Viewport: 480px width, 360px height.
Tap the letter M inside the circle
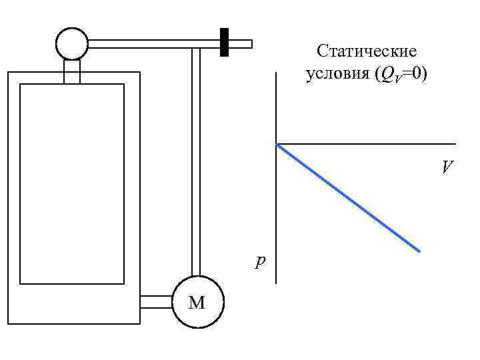pos(197,303)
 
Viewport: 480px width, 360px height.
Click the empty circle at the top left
pos(72,44)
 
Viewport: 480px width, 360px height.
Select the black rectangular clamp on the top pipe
pos(225,43)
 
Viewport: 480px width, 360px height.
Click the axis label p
pos(259,261)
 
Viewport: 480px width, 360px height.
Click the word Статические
pos(367,51)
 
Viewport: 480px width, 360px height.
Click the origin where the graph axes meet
pos(276,144)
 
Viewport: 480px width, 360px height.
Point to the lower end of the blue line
pos(419,251)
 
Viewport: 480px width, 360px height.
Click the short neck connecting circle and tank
pos(72,70)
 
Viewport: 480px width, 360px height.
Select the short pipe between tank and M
pos(157,302)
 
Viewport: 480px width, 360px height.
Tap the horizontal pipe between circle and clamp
pos(153,44)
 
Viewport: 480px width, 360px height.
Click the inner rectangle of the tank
pos(72,183)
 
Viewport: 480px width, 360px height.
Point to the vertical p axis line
pos(276,213)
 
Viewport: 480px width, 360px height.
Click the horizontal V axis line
pos(367,144)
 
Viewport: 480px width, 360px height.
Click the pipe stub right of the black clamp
pos(241,44)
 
